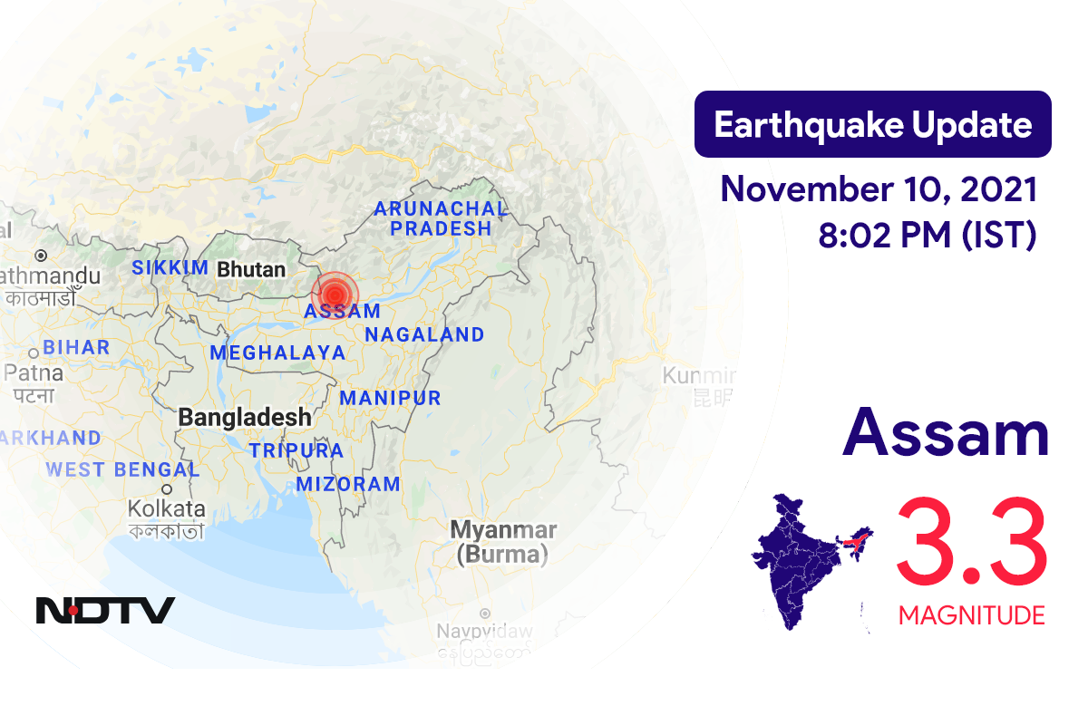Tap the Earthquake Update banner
(x=872, y=125)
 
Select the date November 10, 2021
(x=878, y=190)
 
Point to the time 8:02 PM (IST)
(x=927, y=236)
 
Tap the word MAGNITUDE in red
(x=971, y=616)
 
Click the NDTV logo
(x=105, y=610)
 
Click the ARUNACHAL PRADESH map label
(x=441, y=218)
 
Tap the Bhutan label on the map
(x=251, y=269)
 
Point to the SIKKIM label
(x=170, y=268)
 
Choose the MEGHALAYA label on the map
(x=277, y=353)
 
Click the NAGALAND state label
(x=424, y=335)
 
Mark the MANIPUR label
(x=390, y=398)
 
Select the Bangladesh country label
(x=245, y=418)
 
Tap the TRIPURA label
(x=296, y=450)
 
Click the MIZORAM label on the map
(x=348, y=484)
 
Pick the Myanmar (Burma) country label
(x=503, y=541)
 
